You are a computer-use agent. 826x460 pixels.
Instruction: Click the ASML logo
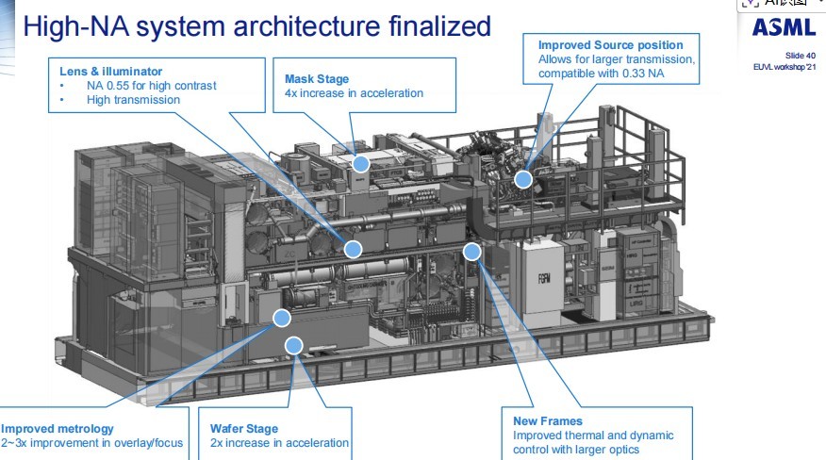pyautogui.click(x=784, y=28)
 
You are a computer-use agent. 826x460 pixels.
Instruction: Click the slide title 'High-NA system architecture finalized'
pyautogui.click(x=256, y=26)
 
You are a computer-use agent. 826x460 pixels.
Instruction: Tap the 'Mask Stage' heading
pyautogui.click(x=317, y=79)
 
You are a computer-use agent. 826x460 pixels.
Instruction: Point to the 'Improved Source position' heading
pyautogui.click(x=610, y=45)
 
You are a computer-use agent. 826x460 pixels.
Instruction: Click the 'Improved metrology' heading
pyautogui.click(x=58, y=429)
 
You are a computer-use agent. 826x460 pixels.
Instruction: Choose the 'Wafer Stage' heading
pyautogui.click(x=243, y=429)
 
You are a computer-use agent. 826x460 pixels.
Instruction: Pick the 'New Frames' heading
pyautogui.click(x=548, y=420)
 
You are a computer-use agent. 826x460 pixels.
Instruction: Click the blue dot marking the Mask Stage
pyautogui.click(x=360, y=163)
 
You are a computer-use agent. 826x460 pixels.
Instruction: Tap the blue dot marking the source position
pyautogui.click(x=523, y=178)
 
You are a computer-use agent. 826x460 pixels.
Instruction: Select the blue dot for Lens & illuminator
pyautogui.click(x=353, y=249)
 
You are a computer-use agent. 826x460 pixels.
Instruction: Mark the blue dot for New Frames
pyautogui.click(x=471, y=251)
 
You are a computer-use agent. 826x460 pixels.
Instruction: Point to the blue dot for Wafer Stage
pyautogui.click(x=294, y=346)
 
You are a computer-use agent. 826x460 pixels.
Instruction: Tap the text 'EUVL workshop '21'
pyautogui.click(x=783, y=67)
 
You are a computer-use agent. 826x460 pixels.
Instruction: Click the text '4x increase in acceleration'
pyautogui.click(x=354, y=93)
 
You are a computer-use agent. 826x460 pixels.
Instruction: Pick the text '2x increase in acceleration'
pyautogui.click(x=279, y=443)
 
